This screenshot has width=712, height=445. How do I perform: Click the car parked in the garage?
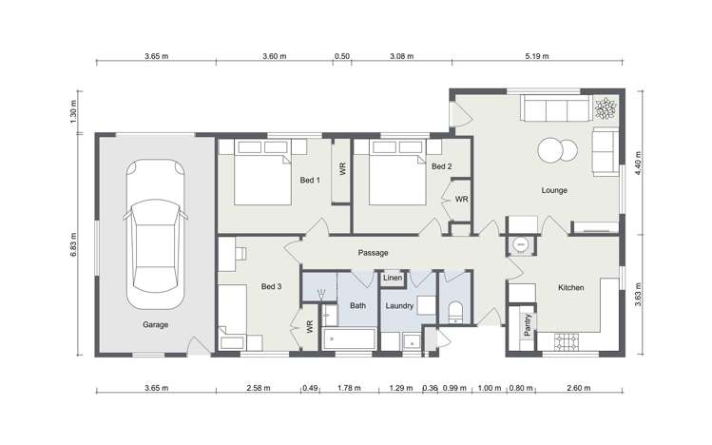(155, 234)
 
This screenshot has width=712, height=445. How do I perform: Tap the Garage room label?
(155, 324)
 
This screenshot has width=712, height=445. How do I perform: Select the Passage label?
(373, 253)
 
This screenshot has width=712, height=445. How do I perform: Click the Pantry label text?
(528, 324)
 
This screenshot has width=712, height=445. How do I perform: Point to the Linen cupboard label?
(393, 278)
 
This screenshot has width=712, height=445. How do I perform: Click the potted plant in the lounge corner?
(606, 109)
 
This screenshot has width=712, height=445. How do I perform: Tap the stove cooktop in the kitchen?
(567, 342)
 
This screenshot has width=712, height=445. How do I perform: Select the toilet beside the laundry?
(455, 312)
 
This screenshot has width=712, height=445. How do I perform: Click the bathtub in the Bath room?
(349, 339)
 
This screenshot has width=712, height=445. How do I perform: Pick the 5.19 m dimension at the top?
(537, 56)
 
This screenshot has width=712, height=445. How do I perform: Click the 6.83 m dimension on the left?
(73, 245)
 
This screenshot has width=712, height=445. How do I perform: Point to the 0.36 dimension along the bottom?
(430, 388)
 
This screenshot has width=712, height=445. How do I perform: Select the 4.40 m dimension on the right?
(639, 164)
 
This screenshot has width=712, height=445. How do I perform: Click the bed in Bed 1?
(262, 172)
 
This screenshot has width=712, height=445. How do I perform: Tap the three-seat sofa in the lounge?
(556, 108)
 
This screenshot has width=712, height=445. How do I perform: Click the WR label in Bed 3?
(310, 326)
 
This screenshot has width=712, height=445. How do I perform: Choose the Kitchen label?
(570, 287)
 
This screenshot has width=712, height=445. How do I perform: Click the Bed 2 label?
(441, 166)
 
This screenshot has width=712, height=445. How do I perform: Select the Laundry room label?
(399, 306)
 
